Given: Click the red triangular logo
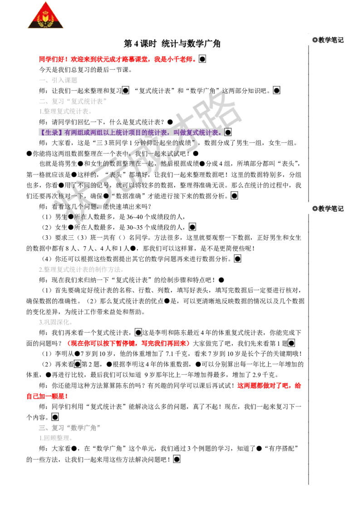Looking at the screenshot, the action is pyautogui.click(x=45, y=15).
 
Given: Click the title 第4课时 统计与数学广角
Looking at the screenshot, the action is pyautogui.click(x=172, y=44).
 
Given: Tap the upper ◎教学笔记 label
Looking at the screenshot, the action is pyautogui.click(x=328, y=40).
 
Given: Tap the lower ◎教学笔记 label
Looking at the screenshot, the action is pyautogui.click(x=328, y=208).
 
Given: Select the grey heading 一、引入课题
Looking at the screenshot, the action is pyautogui.click(x=58, y=80).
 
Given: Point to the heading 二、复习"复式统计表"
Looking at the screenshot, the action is pyautogui.click(x=73, y=101).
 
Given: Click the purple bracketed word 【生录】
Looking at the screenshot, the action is pyautogui.click(x=51, y=132).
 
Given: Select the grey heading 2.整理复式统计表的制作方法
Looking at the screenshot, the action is pyautogui.click(x=82, y=269).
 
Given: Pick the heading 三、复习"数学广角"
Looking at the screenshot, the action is pyautogui.click(x=70, y=428).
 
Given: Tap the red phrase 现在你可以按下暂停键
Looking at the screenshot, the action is pyautogui.click(x=103, y=343).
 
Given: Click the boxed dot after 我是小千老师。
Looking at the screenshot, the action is pyautogui.click(x=202, y=59).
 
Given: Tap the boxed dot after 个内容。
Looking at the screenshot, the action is pyautogui.click(x=55, y=417).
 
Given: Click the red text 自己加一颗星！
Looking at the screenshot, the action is pyautogui.click(x=47, y=396).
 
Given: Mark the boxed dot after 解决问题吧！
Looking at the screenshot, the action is pyautogui.click(x=177, y=459).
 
